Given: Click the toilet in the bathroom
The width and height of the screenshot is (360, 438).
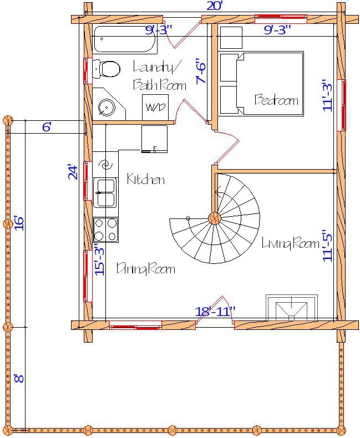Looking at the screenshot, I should click(x=107, y=69).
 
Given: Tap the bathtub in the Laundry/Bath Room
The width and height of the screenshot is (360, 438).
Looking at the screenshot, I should click(x=125, y=39).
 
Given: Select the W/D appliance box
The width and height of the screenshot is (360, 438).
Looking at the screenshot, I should click(x=155, y=106).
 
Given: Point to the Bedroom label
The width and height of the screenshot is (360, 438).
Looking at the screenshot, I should click(x=276, y=100).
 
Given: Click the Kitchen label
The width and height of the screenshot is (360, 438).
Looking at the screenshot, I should click(x=146, y=180).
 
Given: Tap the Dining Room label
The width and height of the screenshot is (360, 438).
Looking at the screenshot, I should click(x=145, y=269).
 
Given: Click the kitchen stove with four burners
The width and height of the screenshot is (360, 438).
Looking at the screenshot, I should click(x=105, y=229).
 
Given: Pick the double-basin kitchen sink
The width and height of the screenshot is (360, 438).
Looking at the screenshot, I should click(x=105, y=192).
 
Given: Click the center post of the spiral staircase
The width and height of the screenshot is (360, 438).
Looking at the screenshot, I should click(x=215, y=217).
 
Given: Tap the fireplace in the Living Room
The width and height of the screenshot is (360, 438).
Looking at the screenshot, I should click(x=292, y=308).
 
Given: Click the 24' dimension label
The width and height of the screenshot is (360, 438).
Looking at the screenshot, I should click(x=72, y=171).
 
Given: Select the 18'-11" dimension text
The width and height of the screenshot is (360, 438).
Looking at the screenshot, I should click(x=215, y=312).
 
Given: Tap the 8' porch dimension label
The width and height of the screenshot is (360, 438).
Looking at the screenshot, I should click(x=18, y=379).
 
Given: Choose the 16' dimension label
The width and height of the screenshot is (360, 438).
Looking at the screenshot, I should click(x=19, y=223).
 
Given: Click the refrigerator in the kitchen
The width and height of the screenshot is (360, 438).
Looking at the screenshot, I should click(x=154, y=139).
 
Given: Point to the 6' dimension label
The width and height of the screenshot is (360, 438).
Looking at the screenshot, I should click(x=47, y=127).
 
